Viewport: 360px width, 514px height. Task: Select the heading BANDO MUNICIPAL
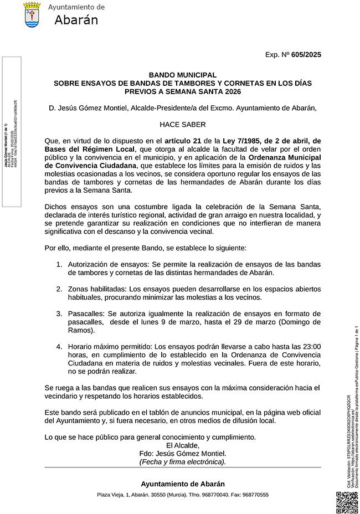coord(182,75)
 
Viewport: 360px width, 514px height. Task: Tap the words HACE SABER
coord(182,125)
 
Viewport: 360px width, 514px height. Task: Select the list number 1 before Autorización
coord(59,265)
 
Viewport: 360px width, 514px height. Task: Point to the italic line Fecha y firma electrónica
coord(182,461)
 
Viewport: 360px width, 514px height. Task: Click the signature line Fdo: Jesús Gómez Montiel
coord(182,453)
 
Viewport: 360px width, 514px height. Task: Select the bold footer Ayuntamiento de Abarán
coord(182,484)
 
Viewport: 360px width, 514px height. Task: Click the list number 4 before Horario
coord(59,347)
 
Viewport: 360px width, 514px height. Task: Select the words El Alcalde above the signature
coord(182,445)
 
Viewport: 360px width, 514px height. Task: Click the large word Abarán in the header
coord(76,20)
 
